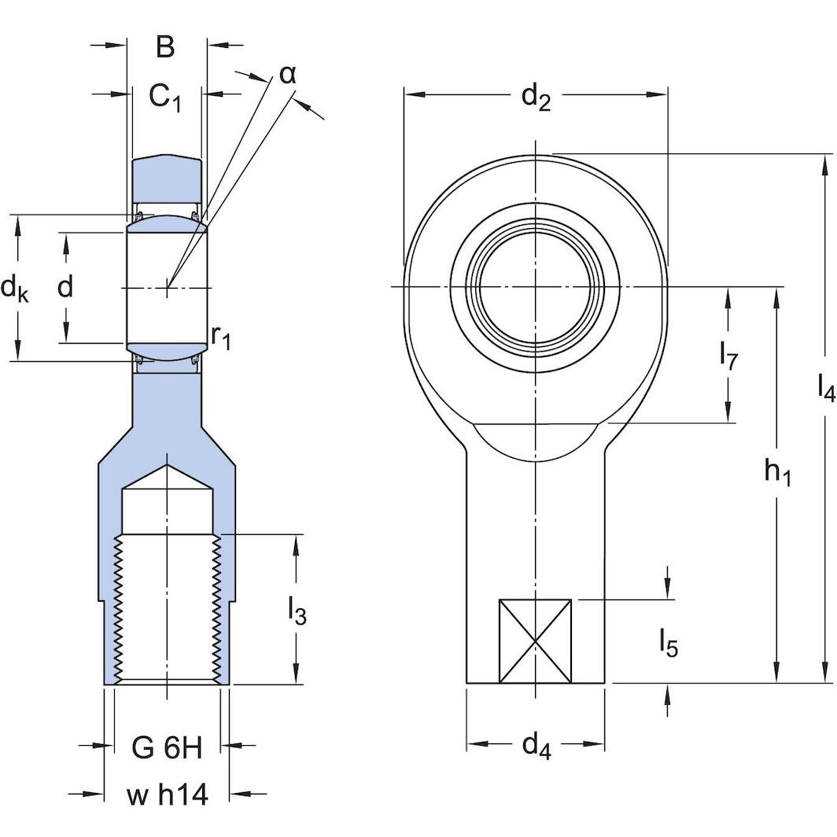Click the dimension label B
coord(164,47)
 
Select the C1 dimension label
coord(165,98)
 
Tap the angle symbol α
coord(287,74)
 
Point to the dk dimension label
coord(15,289)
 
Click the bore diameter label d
coord(65,288)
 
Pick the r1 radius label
coord(221,337)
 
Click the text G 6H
coord(167,748)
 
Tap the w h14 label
coord(167,795)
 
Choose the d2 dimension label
coord(536,98)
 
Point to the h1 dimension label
coord(777,472)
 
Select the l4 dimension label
coord(825,387)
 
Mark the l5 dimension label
coord(668,643)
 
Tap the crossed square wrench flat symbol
coord(536,641)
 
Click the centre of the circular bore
coord(536,288)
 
